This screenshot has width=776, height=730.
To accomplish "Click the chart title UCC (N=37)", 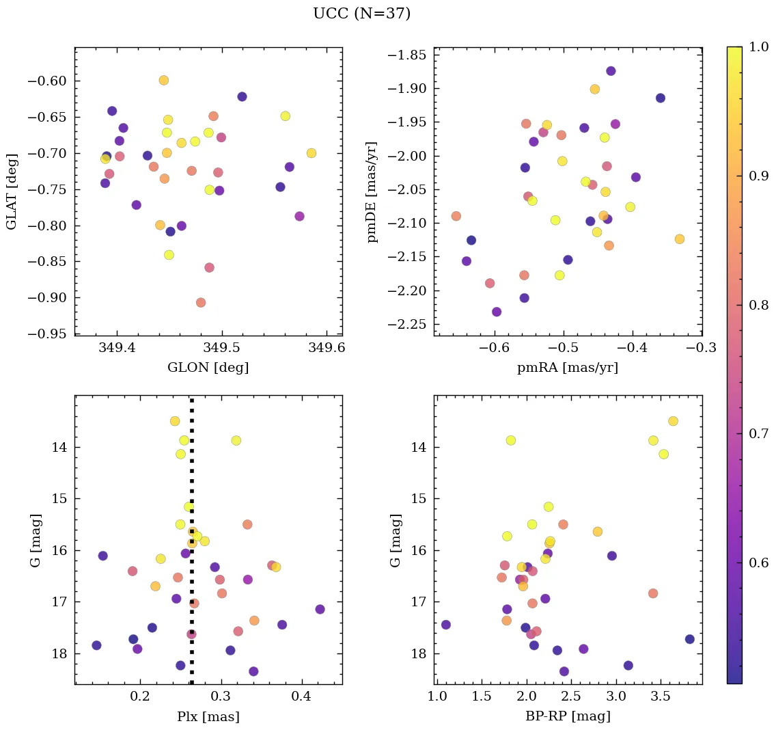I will (x=361, y=14).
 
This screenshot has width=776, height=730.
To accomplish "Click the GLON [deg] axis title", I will (x=208, y=368).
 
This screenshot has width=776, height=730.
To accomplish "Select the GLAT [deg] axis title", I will (x=12, y=191).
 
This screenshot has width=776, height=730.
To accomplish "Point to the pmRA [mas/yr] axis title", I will (x=567, y=368).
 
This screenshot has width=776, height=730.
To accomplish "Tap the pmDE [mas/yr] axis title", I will (x=372, y=191).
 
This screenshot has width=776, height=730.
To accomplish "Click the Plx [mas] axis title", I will (x=208, y=716).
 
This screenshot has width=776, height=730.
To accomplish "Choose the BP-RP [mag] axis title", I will (x=567, y=716).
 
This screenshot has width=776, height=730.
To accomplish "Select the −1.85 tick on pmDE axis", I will (x=408, y=55).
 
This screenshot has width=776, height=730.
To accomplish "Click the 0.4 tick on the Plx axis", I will (x=301, y=697).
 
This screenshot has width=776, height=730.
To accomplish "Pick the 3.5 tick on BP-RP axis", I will (x=660, y=697).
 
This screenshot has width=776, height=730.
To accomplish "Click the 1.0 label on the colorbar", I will (x=760, y=47).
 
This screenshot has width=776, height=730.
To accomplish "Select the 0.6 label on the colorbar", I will (x=760, y=562).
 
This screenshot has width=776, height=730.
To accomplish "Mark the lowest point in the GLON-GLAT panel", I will (x=201, y=302).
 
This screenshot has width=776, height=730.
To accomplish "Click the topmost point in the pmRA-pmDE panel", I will (x=611, y=71).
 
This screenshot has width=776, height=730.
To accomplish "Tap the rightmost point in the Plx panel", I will (x=320, y=609).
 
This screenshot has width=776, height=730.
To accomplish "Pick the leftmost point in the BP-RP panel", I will (x=446, y=625).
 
